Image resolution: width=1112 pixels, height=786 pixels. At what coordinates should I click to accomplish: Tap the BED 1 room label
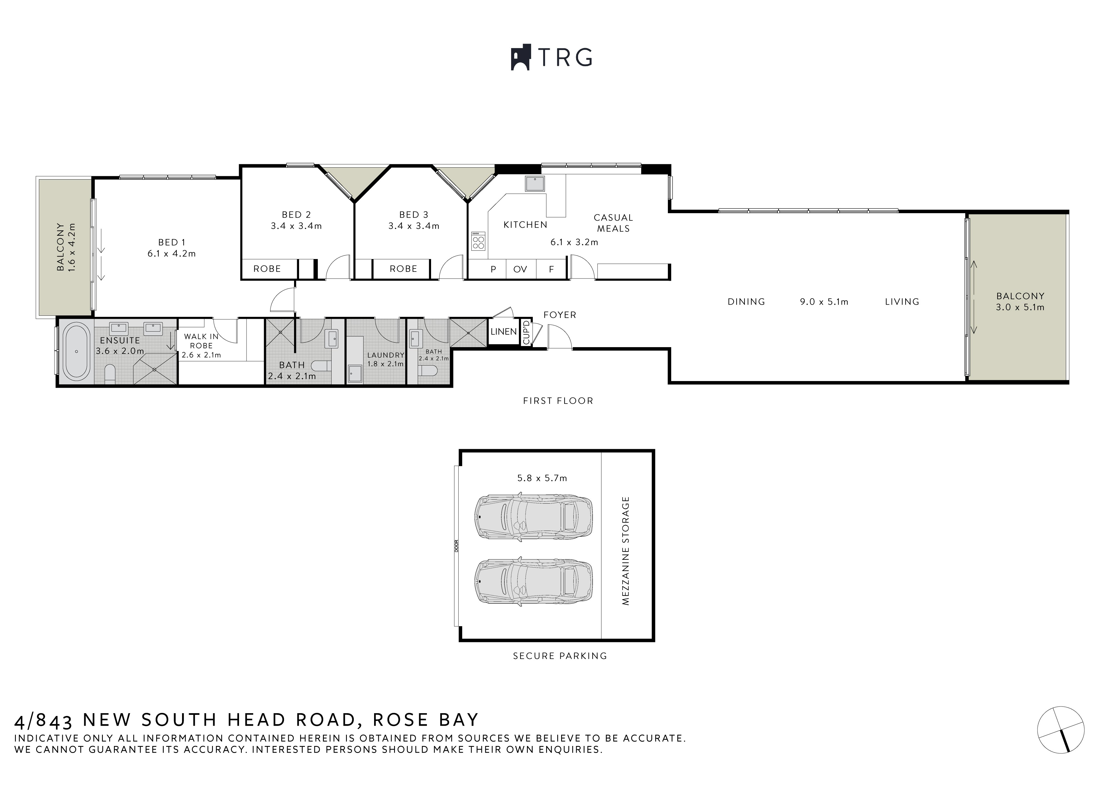[171, 242]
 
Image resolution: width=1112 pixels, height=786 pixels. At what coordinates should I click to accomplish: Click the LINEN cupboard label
[504, 332]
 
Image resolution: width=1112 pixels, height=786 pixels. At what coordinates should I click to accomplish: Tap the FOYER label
[560, 315]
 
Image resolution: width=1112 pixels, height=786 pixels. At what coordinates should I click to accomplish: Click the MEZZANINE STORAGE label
[625, 551]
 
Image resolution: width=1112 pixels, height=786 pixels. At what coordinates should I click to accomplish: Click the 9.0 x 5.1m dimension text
[824, 302]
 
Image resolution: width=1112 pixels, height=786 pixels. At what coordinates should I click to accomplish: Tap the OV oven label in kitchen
[520, 269]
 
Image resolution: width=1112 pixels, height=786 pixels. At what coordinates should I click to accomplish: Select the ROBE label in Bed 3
[404, 269]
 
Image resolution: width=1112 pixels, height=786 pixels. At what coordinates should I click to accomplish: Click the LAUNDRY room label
[385, 355]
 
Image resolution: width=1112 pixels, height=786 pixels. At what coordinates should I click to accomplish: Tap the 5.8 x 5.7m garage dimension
[542, 478]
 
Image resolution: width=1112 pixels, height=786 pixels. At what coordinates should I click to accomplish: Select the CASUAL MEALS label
[613, 223]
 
